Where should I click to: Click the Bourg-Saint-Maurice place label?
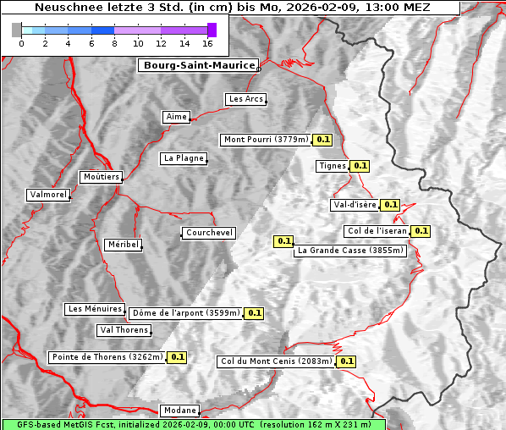point(198,65)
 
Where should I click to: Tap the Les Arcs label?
point(246,99)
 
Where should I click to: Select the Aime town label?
point(177,117)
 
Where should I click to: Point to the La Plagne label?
point(184,158)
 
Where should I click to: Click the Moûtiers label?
point(101,177)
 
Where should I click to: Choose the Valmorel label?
point(48,195)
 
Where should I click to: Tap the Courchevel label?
point(209,233)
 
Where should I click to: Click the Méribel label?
point(123,245)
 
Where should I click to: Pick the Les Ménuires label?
point(94,309)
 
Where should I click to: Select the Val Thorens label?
point(124,330)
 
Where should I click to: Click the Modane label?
point(179,411)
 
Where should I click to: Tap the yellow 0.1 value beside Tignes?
point(360,166)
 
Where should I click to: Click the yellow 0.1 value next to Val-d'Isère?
point(390,205)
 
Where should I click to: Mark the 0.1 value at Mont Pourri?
point(322,140)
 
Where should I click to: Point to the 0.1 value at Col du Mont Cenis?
point(346,361)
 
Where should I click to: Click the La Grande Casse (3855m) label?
point(350,251)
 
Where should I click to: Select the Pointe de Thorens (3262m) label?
point(107,357)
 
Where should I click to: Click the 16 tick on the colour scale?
point(207,42)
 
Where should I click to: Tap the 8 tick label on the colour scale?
point(114,42)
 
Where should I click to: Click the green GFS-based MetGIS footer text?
point(193,424)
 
